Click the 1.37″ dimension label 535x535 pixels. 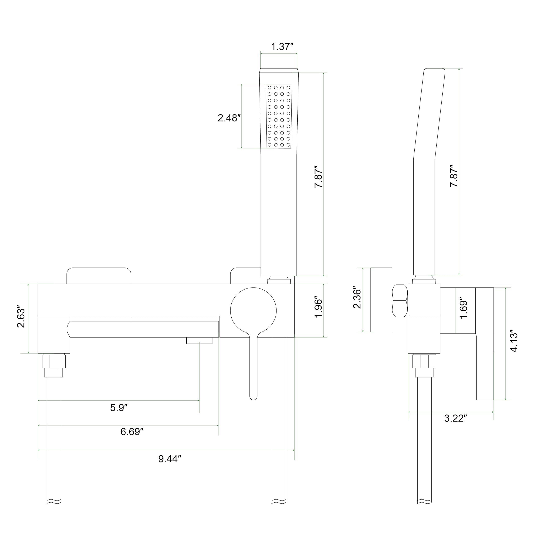tap(282, 47)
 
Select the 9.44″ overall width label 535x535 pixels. tap(169, 459)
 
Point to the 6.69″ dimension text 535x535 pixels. tap(132, 431)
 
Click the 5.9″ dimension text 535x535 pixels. tap(118, 408)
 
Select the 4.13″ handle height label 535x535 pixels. tap(514, 341)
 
